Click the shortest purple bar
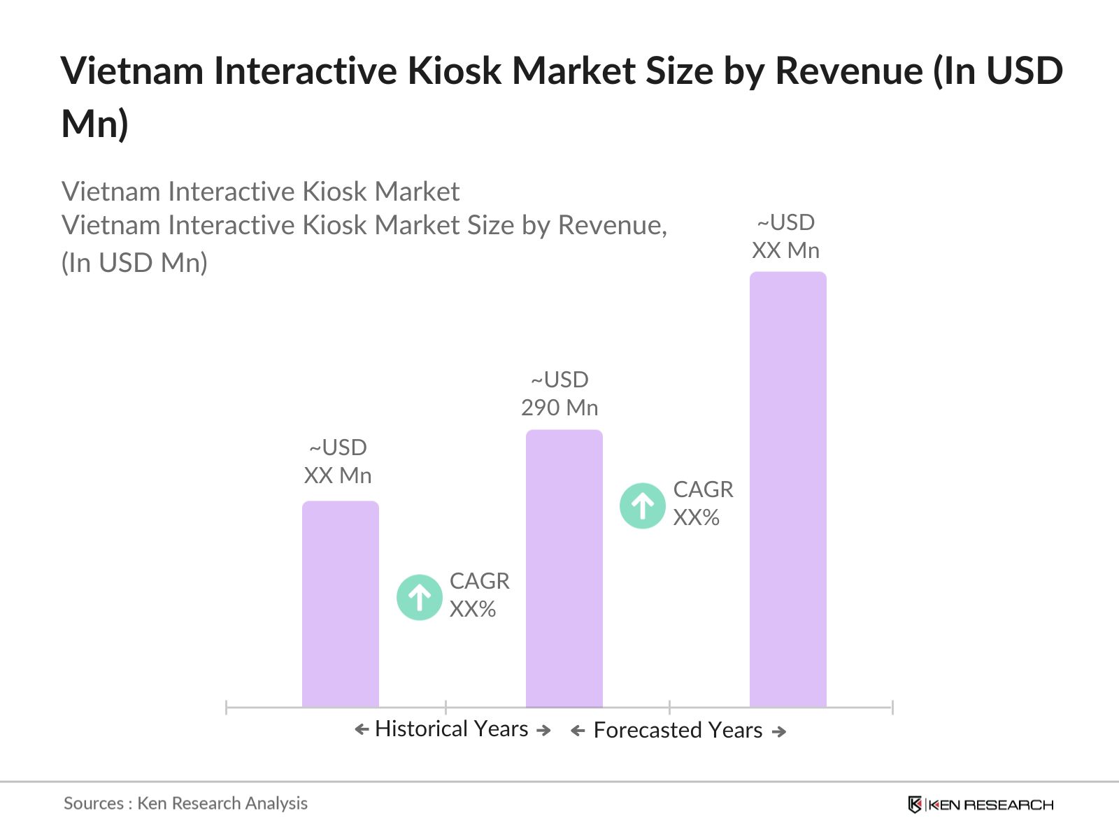[340, 605]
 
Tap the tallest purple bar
[787, 489]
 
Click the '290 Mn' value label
[559, 408]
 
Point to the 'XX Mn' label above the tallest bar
[785, 250]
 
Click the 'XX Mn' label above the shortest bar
[338, 475]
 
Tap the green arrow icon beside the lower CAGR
[419, 597]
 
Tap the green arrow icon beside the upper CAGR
[642, 505]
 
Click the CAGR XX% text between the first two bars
[479, 595]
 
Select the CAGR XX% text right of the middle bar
[703, 503]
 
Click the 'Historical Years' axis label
[452, 729]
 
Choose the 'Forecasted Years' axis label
[678, 731]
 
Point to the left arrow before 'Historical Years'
[362, 730]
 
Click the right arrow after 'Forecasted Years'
[779, 732]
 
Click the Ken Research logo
[981, 805]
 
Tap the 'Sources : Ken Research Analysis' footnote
[185, 803]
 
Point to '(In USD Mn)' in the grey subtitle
[134, 263]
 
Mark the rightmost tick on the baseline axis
[892, 708]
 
